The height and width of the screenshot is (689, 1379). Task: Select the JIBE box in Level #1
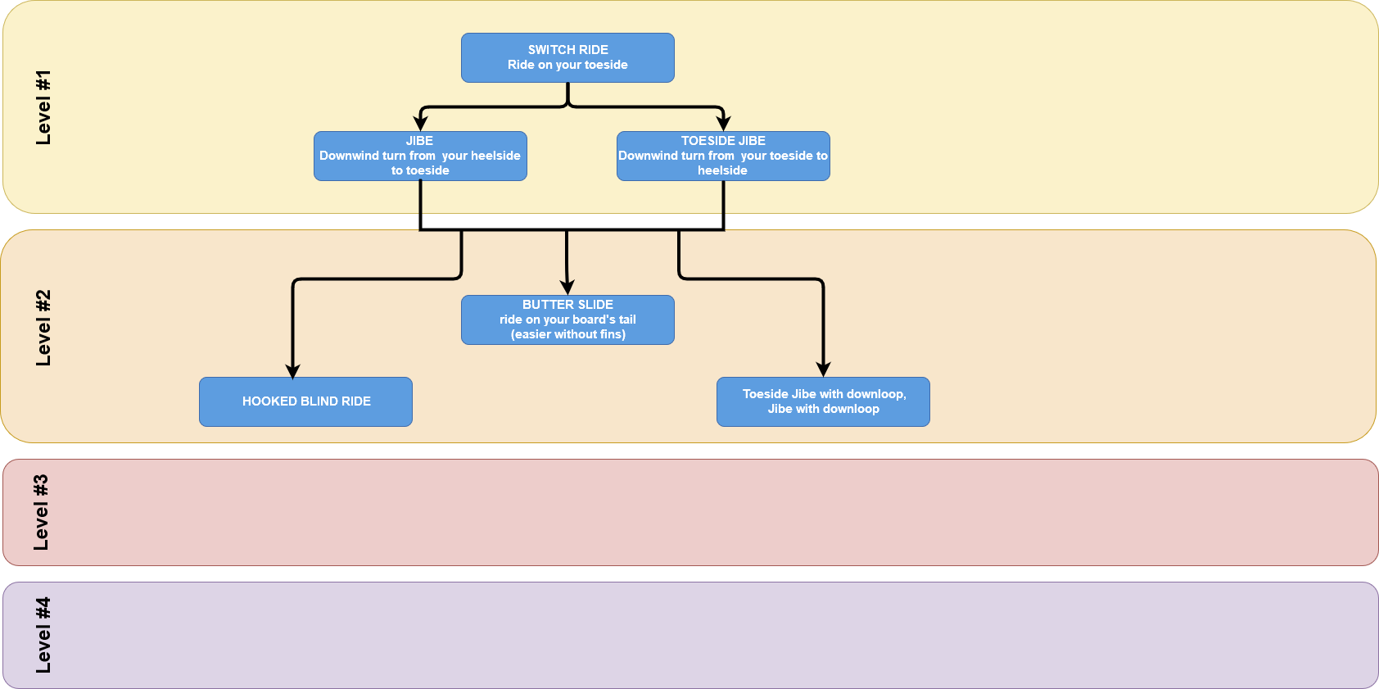coord(420,156)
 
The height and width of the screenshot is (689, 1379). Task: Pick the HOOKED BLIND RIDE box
coord(305,401)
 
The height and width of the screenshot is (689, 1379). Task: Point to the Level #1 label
coord(43,107)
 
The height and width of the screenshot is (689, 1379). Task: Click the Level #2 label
coord(43,328)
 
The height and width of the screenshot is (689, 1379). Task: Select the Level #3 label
coord(41,512)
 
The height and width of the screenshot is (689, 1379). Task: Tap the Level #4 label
coord(43,635)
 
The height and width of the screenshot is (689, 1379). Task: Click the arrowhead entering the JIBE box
coord(420,124)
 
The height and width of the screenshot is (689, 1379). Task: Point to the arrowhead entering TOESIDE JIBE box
coord(723,124)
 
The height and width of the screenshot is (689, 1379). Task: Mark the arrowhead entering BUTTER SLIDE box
coord(567,288)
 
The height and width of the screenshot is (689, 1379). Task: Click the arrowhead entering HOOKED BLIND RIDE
coord(293,370)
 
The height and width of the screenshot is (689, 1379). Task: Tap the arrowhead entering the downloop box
coord(823,369)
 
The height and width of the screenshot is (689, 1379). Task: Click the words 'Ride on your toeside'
coord(567,65)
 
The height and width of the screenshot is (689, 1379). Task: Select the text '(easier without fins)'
coord(567,334)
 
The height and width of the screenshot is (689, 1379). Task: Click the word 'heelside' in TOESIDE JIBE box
coord(722,170)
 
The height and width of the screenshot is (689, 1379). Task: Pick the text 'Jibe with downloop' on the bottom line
coord(823,409)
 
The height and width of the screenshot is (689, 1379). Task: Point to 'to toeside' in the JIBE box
coord(420,170)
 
